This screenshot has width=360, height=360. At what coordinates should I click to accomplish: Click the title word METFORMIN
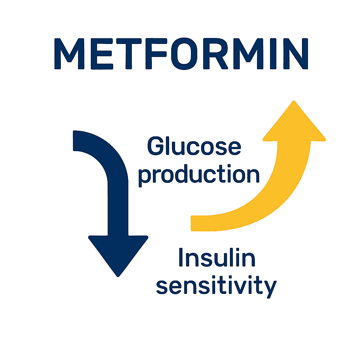click(180, 53)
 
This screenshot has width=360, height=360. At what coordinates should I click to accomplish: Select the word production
click(199, 174)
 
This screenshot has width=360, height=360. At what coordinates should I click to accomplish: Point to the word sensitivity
click(216, 286)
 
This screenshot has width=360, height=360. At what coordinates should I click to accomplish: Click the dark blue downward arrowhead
click(118, 253)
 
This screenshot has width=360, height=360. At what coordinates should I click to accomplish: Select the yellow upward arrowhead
click(294, 123)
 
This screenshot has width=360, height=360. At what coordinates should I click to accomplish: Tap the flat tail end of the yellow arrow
click(193, 223)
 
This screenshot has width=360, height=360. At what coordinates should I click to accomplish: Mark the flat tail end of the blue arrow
click(75, 141)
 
